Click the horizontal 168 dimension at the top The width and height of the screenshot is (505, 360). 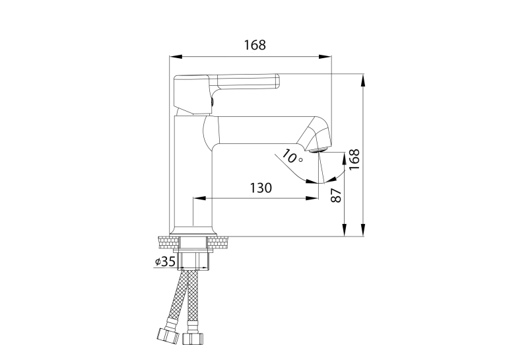[x=255, y=45]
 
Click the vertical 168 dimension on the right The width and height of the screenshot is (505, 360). [x=354, y=160]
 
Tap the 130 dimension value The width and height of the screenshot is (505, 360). [x=261, y=188]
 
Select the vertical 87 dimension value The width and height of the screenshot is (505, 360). [x=336, y=196]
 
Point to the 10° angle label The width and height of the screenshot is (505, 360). [x=292, y=157]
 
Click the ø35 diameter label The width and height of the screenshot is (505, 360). [x=165, y=262]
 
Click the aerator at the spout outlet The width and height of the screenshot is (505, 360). [x=319, y=149]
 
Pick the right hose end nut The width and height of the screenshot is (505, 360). [x=193, y=338]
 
